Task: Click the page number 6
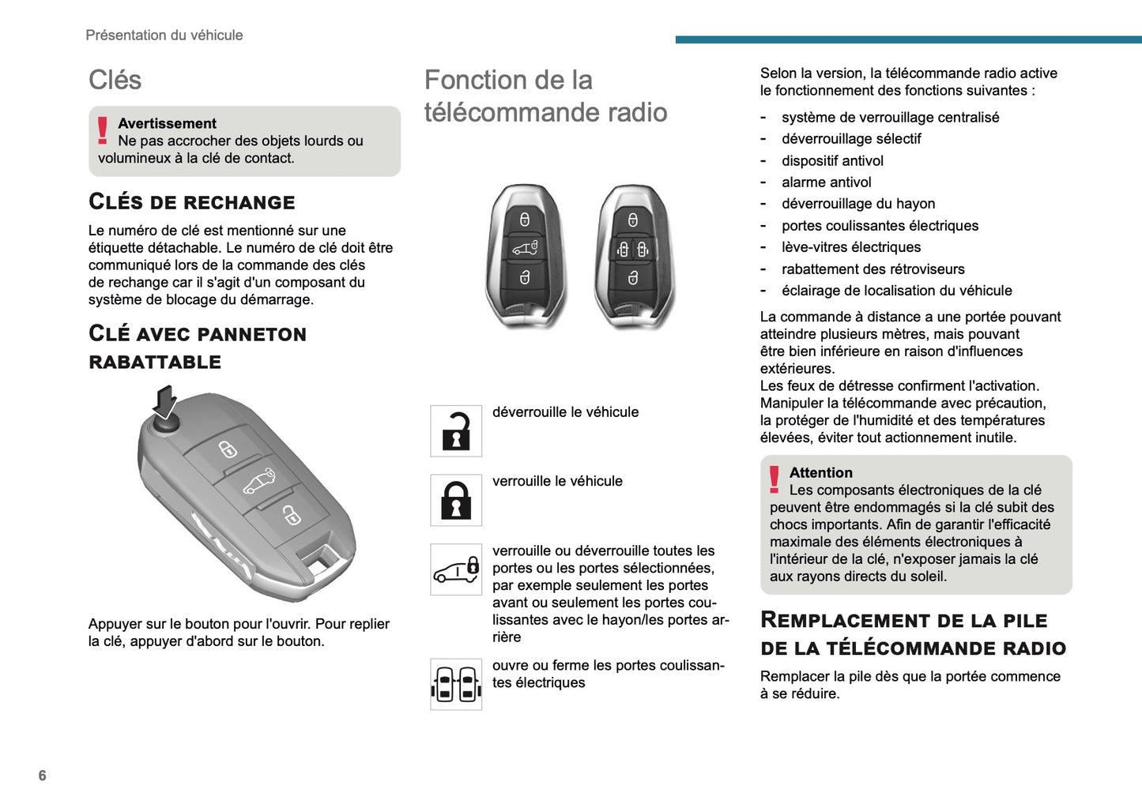pos(42,776)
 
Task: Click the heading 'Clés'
pos(115,80)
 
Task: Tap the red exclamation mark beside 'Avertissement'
pos(103,130)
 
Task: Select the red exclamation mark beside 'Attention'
pos(775,479)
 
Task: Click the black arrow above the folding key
pos(164,401)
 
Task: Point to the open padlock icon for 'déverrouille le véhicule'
pos(456,431)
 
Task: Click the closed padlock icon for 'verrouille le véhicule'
pos(456,500)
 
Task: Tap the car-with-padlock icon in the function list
pos(456,569)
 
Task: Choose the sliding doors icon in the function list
pos(456,684)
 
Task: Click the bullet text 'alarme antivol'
pos(826,182)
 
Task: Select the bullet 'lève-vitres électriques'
pos(851,247)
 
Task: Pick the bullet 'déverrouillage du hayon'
pos(858,204)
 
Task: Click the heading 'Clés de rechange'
pos(192,202)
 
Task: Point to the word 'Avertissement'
pos(167,123)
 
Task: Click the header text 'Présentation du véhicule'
pos(164,35)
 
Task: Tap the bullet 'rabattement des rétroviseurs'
pos(873,269)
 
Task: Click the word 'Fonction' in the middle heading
pos(475,80)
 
